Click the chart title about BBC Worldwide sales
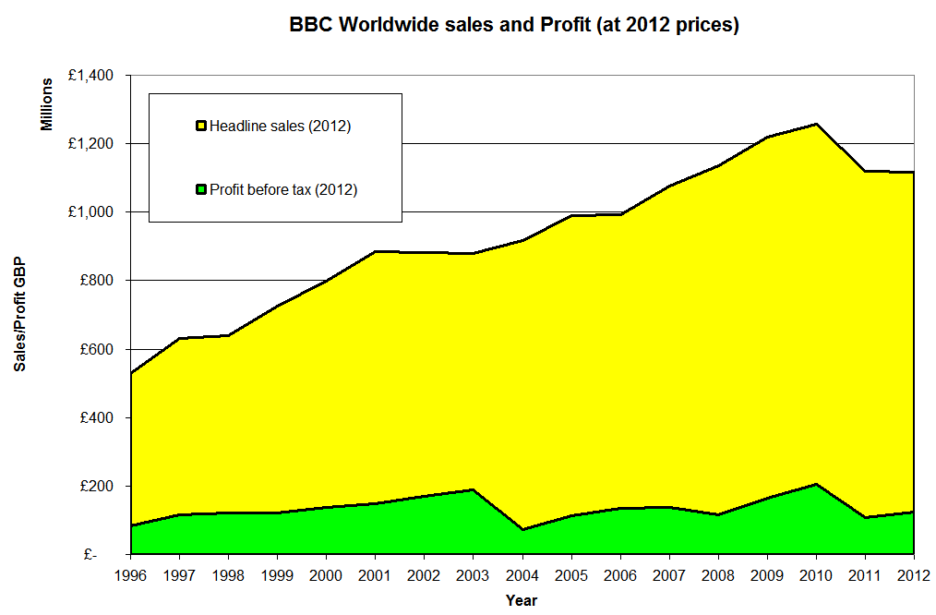tap(514, 26)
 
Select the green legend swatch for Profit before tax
tap(200, 190)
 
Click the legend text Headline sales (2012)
tap(280, 127)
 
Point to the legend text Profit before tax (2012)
tap(282, 190)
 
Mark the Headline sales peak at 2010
tap(816, 124)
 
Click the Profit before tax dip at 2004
tap(522, 529)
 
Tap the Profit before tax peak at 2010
tap(816, 484)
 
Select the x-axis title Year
tap(522, 600)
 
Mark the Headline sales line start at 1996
tap(131, 373)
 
